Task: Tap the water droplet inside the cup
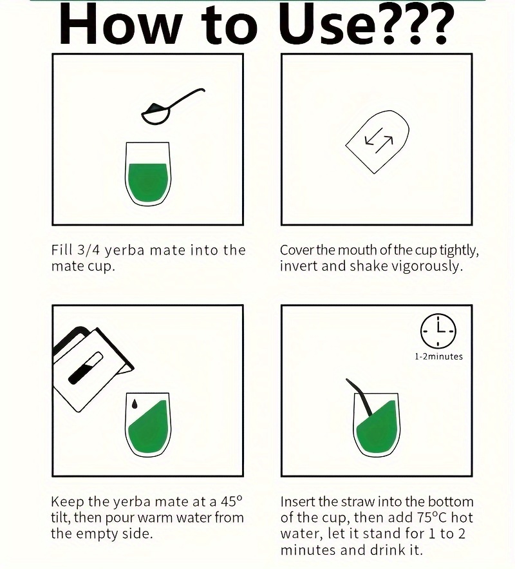(135, 404)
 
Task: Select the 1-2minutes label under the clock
(438, 357)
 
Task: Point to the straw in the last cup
(359, 398)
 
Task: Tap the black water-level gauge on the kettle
(85, 367)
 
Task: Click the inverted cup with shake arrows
(377, 142)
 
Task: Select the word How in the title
(120, 24)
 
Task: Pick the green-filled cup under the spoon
(147, 173)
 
